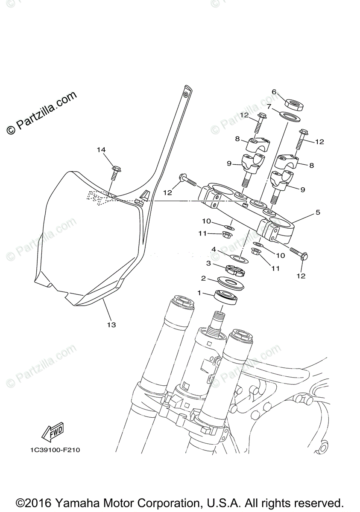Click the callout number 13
[x=111, y=325]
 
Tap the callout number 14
[x=101, y=150]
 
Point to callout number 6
[x=274, y=92]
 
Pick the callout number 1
[x=199, y=293]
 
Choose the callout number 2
[x=204, y=278]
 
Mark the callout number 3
[x=209, y=263]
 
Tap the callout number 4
[x=214, y=249]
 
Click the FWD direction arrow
[x=53, y=432]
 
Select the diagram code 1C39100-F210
[x=56, y=450]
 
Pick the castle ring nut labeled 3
[x=234, y=270]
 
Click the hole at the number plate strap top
[x=186, y=93]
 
